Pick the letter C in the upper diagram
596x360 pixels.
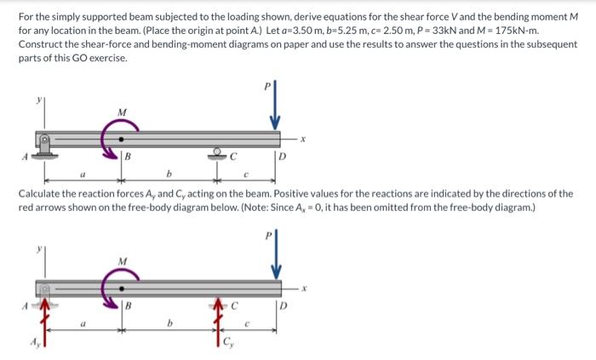click(x=231, y=156)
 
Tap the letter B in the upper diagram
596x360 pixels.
click(x=127, y=156)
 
